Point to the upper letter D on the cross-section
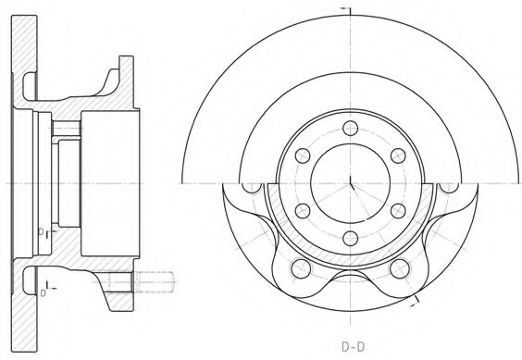(41, 231)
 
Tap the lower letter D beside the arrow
(42, 292)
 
